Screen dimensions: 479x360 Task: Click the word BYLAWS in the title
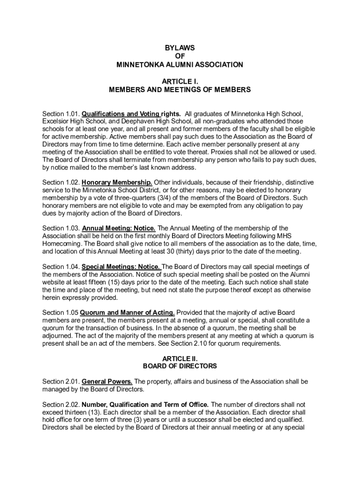180,48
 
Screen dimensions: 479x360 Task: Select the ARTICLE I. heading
180,81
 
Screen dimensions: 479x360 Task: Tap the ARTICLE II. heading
180,358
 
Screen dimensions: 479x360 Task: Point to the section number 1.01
73,114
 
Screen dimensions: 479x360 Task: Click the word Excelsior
56,121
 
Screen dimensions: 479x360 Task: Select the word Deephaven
133,121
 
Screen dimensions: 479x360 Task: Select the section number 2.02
73,404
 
